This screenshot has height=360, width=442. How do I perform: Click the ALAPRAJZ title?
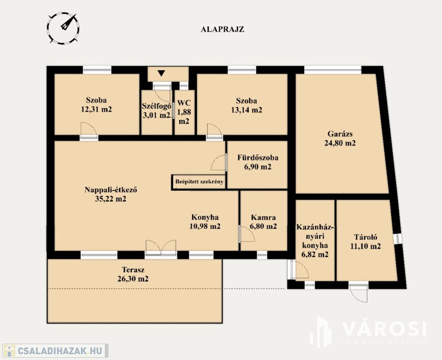point(223,30)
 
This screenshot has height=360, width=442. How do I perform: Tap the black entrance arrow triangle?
point(161,73)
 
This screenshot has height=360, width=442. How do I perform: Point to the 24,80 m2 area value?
point(340,143)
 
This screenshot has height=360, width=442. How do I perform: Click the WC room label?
point(184,103)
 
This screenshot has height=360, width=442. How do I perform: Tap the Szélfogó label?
point(157,106)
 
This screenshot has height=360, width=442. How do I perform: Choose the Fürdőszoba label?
point(258,157)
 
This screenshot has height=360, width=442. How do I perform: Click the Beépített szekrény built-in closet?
point(199,182)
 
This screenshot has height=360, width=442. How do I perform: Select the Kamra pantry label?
point(263,217)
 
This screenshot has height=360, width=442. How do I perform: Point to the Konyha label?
point(205,217)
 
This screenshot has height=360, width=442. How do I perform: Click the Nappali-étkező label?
point(111,190)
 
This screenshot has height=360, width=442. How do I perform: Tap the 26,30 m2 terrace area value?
point(133,279)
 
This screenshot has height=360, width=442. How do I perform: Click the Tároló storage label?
point(366,237)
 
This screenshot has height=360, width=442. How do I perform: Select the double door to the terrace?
point(161,248)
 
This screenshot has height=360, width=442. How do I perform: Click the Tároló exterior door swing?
point(359,293)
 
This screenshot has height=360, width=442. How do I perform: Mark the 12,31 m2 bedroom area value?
point(97,109)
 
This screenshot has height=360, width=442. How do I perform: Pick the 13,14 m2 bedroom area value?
point(247,110)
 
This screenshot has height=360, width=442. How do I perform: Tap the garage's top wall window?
point(333,70)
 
